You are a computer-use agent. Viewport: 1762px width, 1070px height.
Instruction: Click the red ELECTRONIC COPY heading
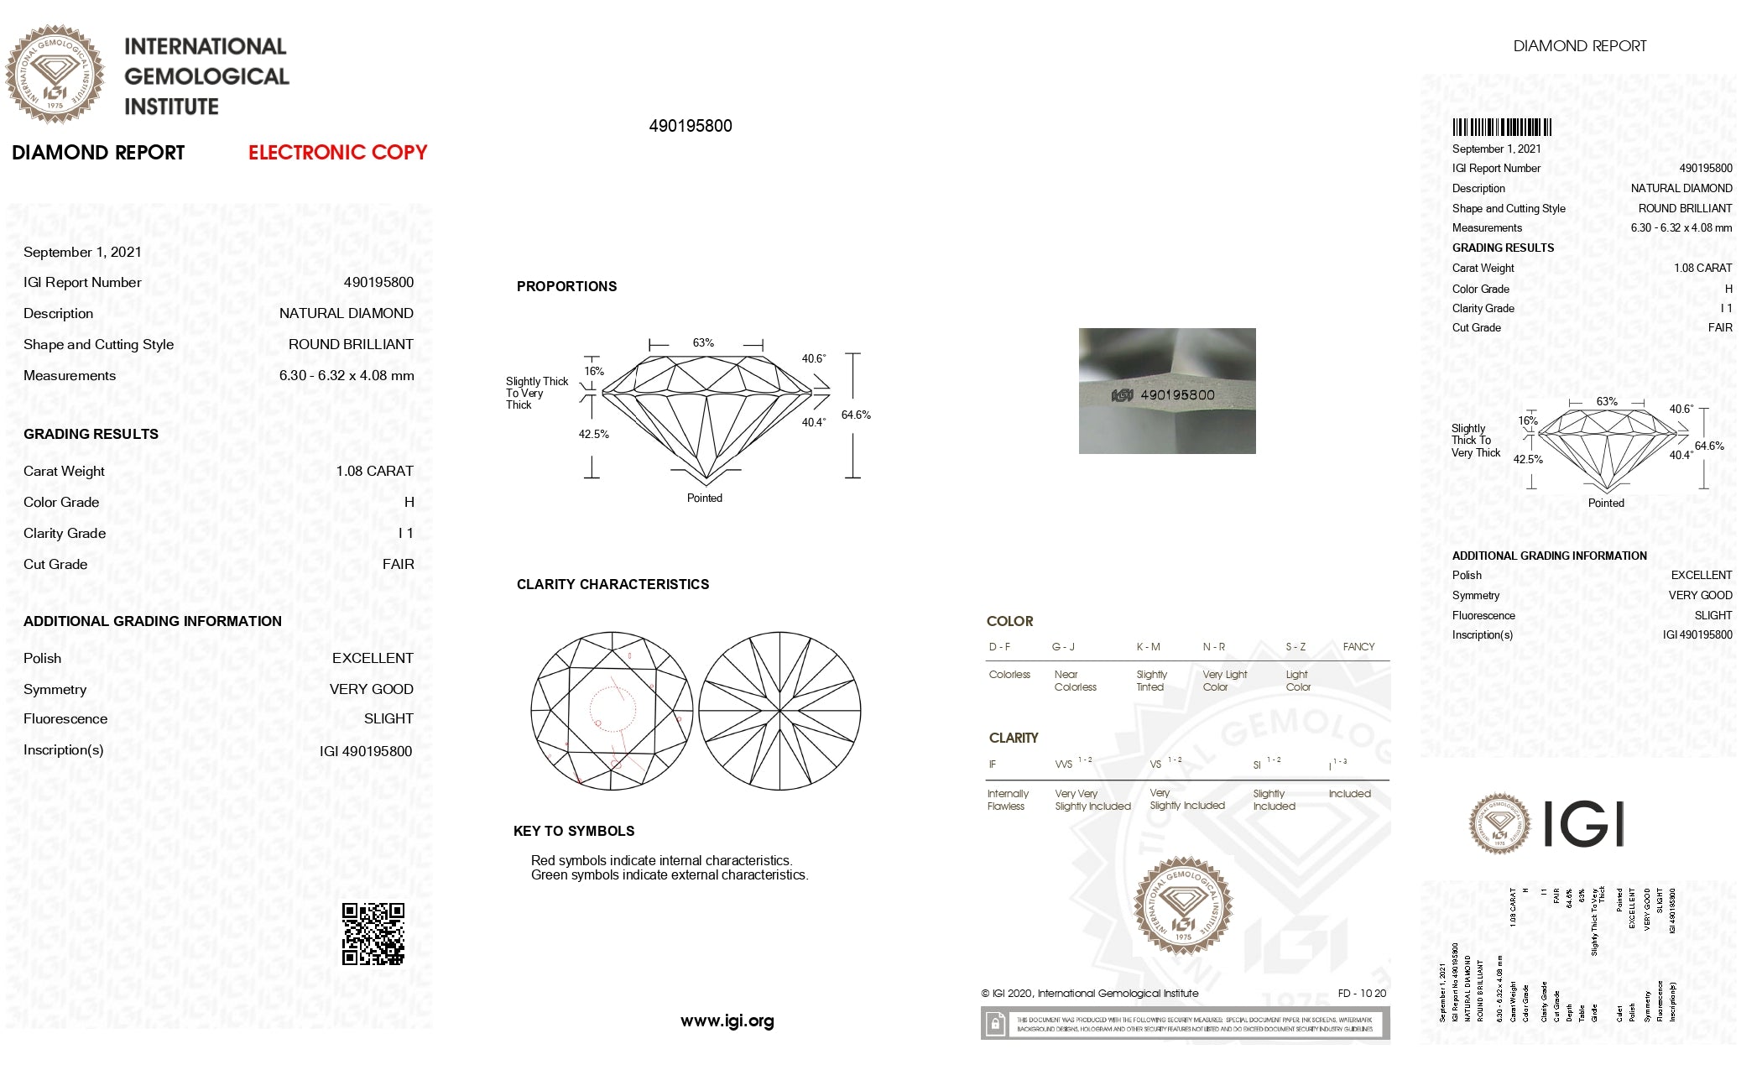(337, 153)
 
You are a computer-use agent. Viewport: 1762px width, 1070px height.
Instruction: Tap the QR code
(373, 934)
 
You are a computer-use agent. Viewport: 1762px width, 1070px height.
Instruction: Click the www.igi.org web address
(727, 1021)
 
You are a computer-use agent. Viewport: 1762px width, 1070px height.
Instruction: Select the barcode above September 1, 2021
(1502, 128)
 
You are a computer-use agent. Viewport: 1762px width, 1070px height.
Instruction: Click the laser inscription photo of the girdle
(1166, 391)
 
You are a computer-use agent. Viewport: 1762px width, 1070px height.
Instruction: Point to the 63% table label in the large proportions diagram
(703, 343)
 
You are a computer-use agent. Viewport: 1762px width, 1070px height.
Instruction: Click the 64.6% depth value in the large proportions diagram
(856, 415)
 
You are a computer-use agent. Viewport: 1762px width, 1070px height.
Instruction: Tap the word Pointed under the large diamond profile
(704, 498)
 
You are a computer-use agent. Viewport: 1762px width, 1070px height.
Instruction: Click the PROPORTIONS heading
(566, 286)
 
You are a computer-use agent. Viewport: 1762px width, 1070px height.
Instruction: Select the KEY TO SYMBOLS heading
(574, 831)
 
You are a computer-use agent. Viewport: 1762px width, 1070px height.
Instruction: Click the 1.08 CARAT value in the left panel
(374, 471)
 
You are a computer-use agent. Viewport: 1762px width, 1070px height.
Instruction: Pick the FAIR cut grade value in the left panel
(398, 564)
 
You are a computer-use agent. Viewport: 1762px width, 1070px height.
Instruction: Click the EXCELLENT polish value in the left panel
(373, 658)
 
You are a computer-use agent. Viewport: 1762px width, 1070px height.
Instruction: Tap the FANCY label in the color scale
(1358, 646)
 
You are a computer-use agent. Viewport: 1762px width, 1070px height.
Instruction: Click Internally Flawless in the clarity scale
(1007, 800)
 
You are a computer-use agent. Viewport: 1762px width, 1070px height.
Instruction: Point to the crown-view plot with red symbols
(612, 711)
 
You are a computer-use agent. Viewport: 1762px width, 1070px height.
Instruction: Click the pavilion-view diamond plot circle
(779, 711)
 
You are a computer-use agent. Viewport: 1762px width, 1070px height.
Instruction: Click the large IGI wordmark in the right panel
(1583, 824)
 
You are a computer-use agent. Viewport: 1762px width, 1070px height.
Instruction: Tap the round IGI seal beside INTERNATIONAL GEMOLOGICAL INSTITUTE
(55, 75)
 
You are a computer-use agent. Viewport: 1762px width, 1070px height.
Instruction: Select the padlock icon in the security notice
(994, 1024)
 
